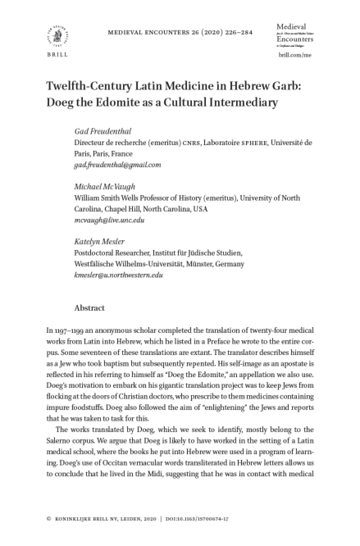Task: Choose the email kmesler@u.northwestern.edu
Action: click(118, 275)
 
